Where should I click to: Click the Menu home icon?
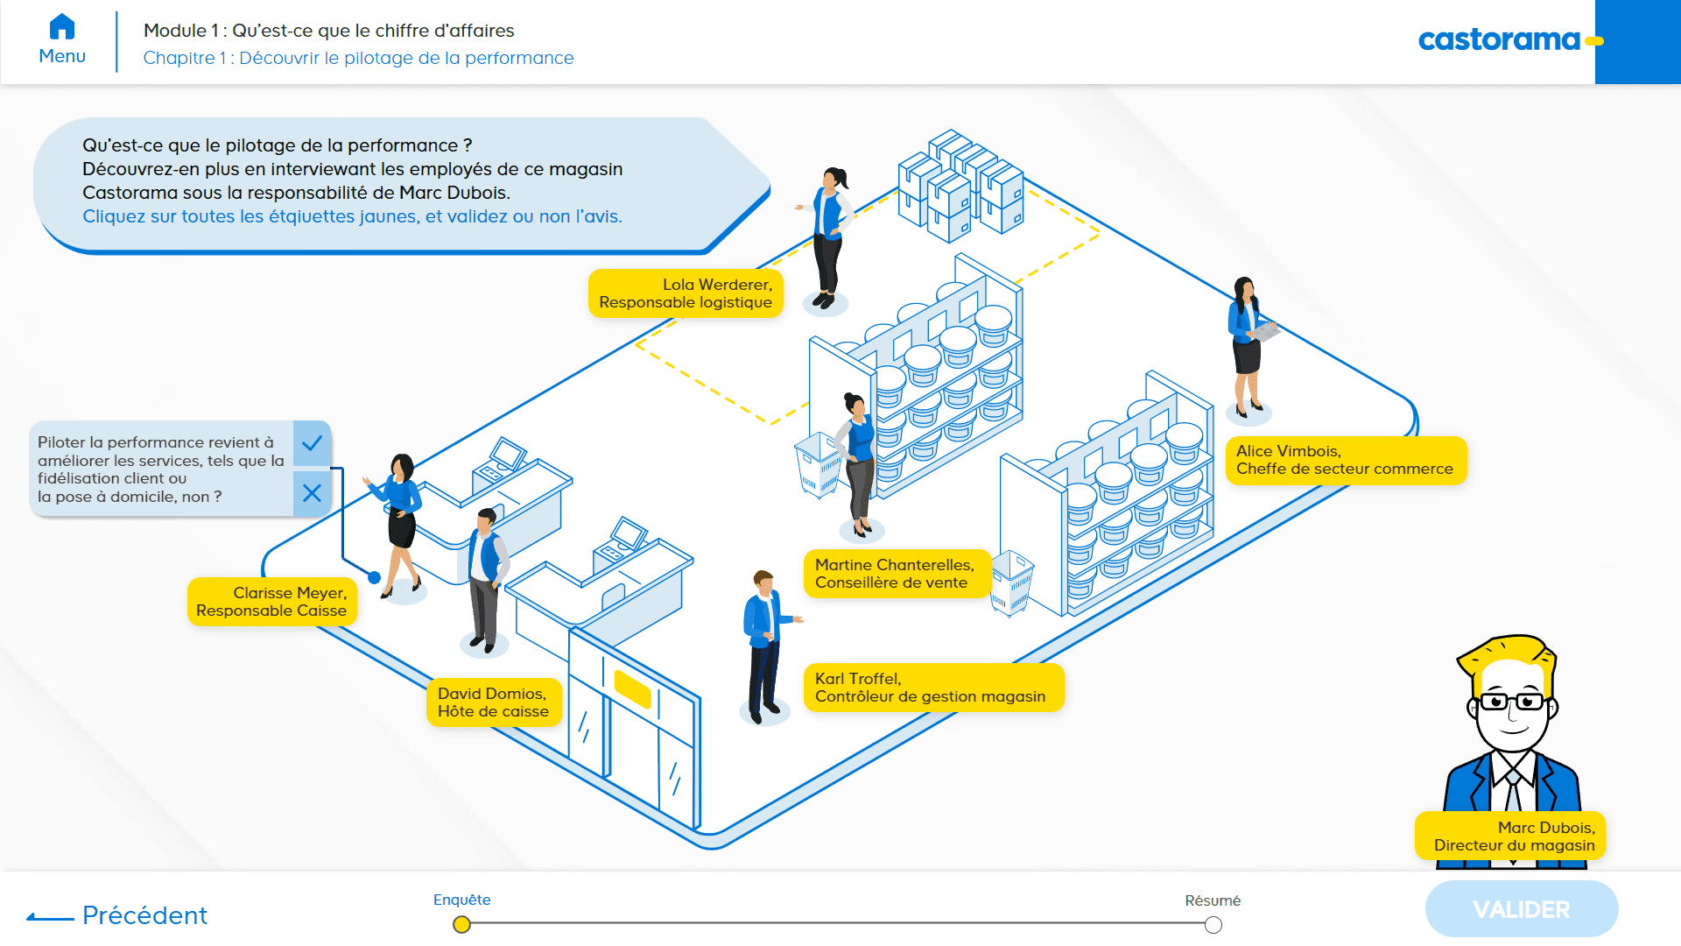(x=62, y=27)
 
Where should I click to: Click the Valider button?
(x=1521, y=909)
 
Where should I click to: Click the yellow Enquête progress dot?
(x=462, y=924)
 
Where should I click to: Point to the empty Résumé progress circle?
(x=1213, y=925)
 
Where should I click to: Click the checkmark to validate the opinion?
(x=312, y=443)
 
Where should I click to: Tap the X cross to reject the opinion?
(x=312, y=493)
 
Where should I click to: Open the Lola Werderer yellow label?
(x=686, y=293)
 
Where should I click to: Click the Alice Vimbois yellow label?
(x=1345, y=460)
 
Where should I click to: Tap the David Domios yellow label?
(x=494, y=702)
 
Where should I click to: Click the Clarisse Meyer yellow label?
(x=272, y=602)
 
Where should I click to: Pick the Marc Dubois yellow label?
(x=1510, y=837)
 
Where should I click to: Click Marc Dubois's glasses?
(x=1513, y=702)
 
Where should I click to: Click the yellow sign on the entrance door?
(x=632, y=688)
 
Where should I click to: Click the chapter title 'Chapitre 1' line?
(x=358, y=58)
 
